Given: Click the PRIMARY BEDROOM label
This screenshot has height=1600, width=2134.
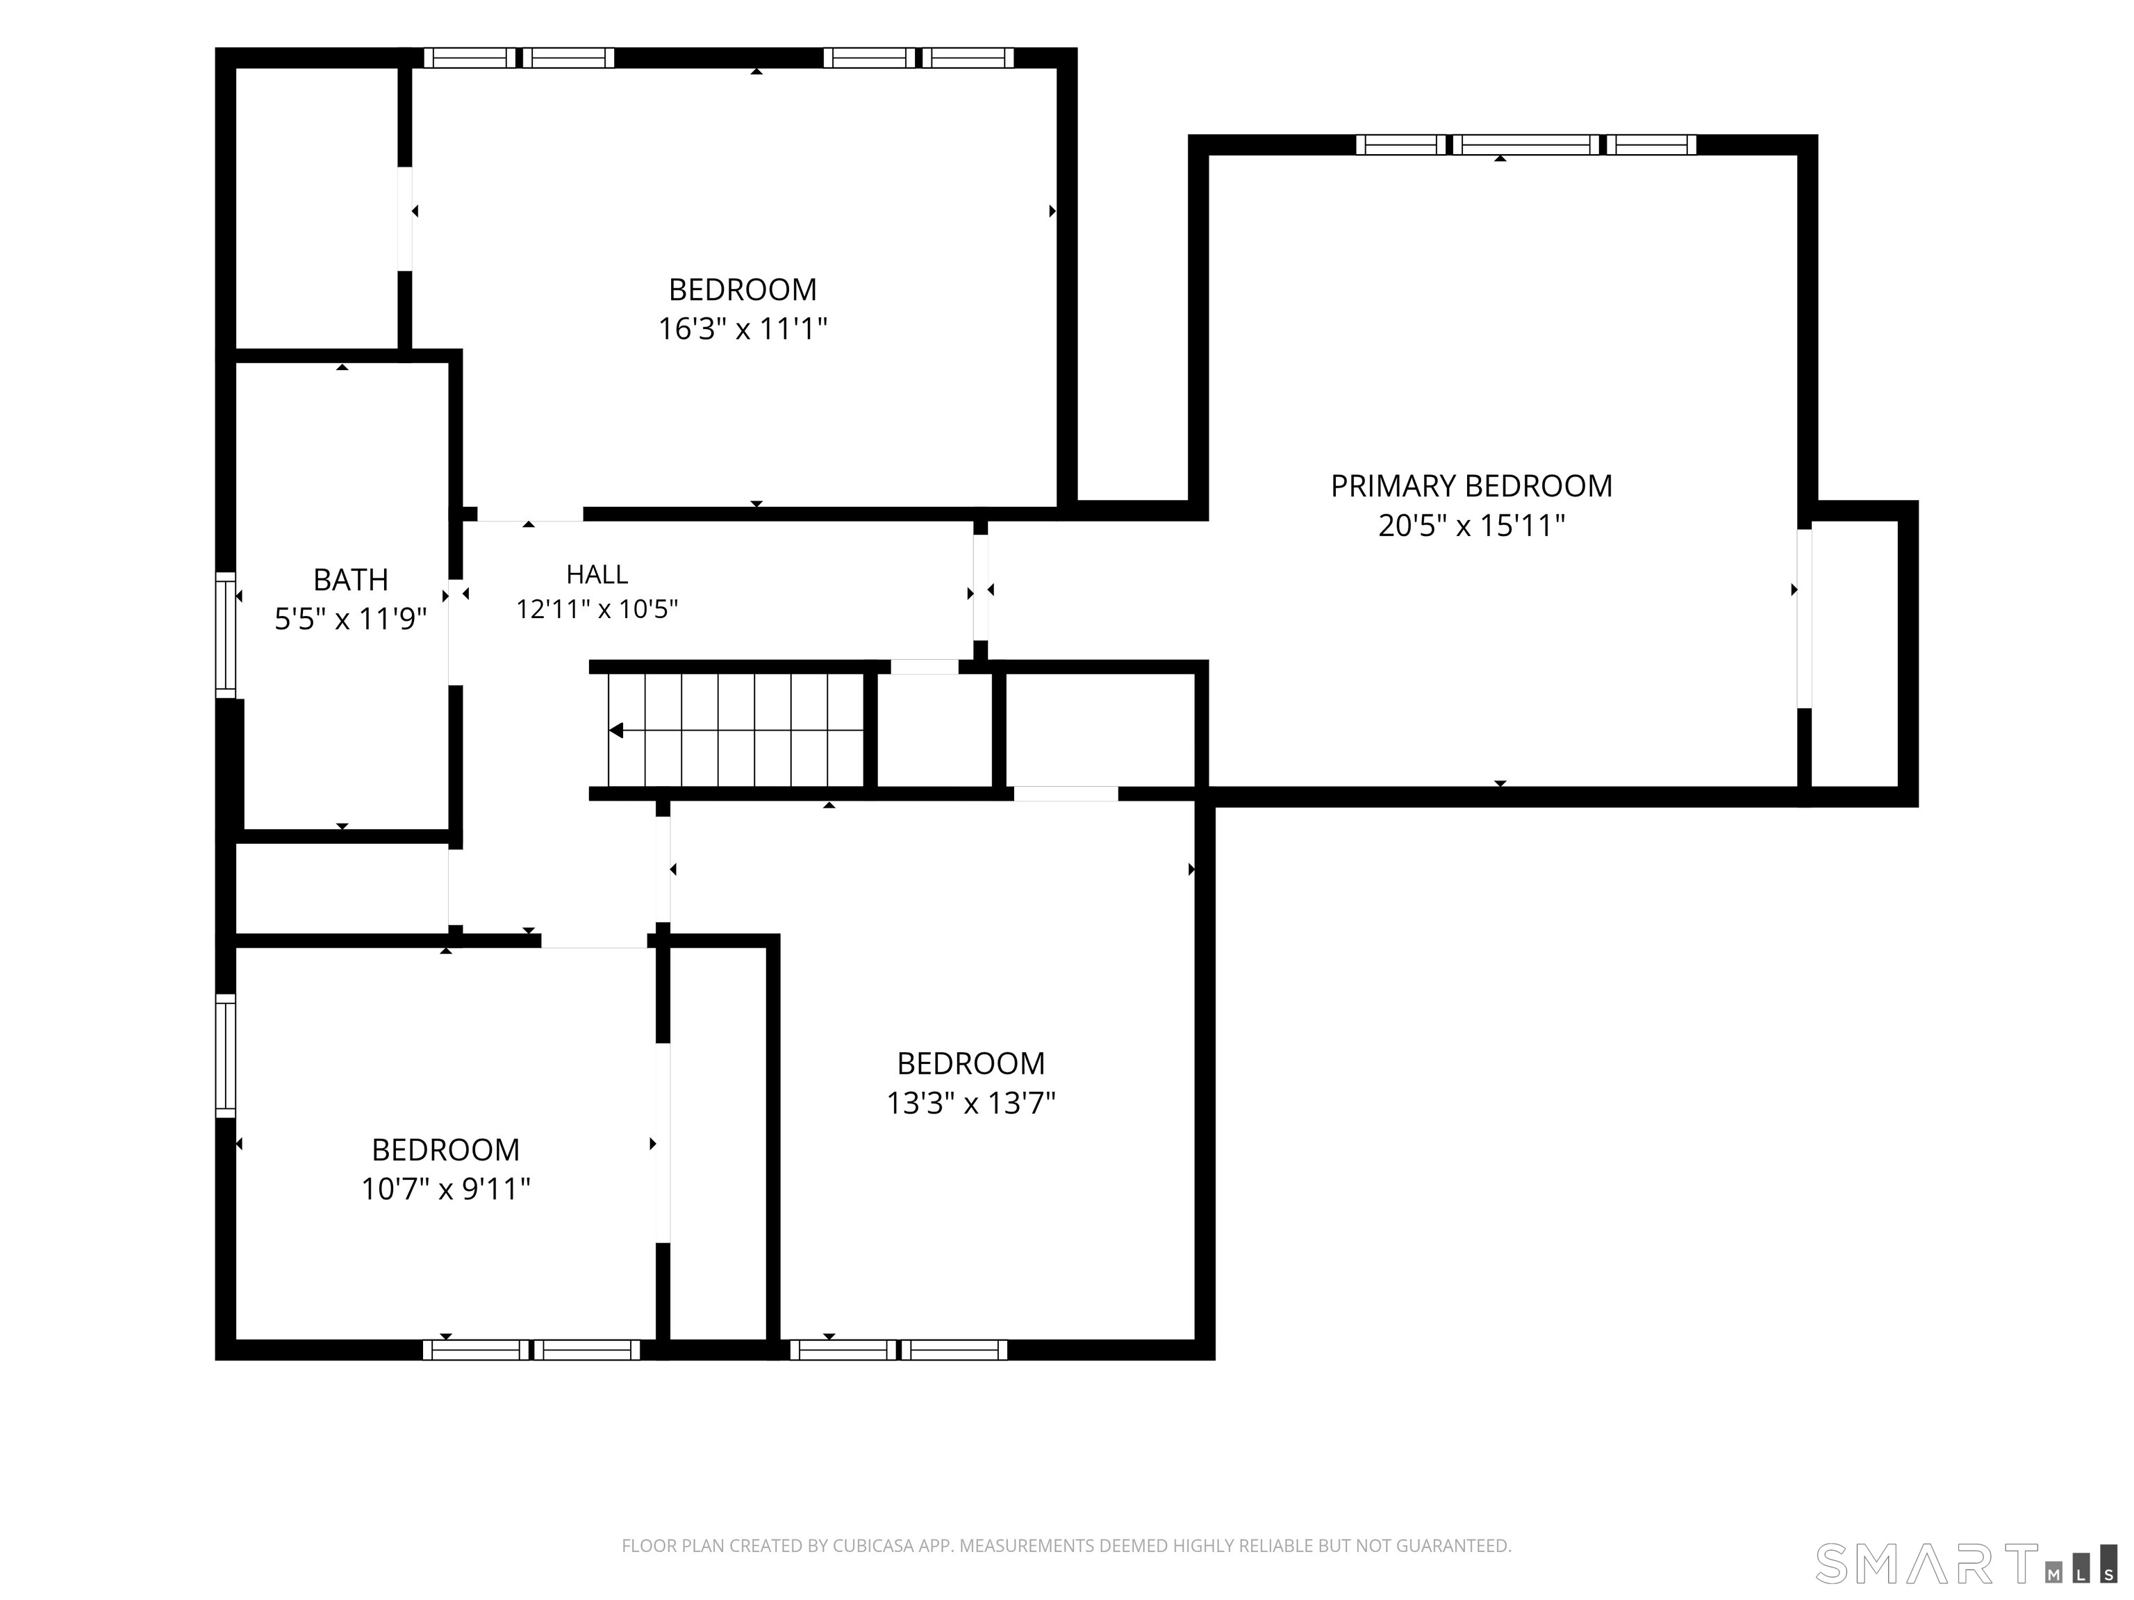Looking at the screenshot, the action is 1471,486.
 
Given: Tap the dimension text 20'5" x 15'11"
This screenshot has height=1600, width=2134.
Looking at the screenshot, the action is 1471,526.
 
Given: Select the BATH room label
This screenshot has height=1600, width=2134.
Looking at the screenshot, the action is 351,580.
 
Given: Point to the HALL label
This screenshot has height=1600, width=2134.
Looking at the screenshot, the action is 597,575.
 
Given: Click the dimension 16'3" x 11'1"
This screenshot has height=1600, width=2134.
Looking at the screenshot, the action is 743,329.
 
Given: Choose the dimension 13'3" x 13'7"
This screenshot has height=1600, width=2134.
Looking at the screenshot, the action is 972,1102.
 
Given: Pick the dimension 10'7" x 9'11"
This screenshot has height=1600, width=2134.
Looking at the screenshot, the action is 446,1189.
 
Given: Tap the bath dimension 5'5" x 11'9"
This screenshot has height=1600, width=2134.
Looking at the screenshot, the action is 351,618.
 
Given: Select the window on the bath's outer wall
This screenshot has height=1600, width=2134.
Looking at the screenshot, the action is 225,635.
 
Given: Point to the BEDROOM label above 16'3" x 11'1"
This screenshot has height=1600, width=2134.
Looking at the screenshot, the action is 743,290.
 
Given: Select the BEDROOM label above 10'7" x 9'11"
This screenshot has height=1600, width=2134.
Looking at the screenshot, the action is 446,1149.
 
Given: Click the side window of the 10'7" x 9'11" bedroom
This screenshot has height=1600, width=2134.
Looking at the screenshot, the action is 225,1055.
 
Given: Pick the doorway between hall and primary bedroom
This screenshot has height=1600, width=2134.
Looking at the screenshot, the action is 980,587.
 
